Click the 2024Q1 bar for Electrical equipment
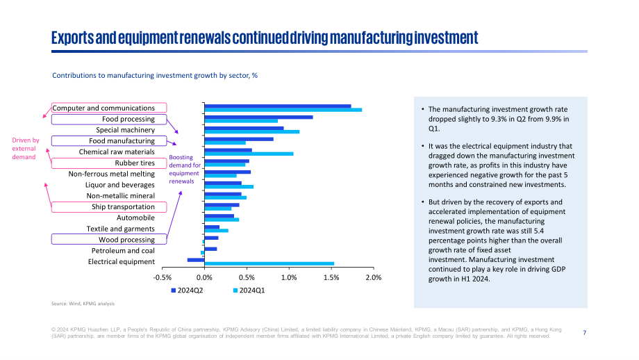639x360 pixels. click(269, 264)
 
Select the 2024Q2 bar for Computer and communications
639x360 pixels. click(278, 106)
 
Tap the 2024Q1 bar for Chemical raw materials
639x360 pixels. click(249, 154)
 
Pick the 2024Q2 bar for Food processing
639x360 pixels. click(259, 117)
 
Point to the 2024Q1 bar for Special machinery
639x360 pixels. click(252, 131)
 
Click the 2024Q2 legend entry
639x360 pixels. click(187, 291)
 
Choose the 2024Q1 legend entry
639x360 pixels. click(249, 291)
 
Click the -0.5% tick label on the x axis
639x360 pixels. click(163, 277)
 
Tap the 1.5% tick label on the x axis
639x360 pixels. click(331, 277)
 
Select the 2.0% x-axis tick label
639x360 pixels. click(374, 277)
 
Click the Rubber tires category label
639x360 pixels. click(135, 163)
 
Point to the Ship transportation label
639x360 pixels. click(123, 206)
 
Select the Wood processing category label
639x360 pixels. click(126, 240)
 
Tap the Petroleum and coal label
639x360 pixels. click(123, 251)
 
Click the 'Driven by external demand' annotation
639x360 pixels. click(25, 149)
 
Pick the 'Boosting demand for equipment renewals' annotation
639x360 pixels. click(185, 169)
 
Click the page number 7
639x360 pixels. click(584, 333)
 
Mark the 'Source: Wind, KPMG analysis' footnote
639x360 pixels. click(83, 304)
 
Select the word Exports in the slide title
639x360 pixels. click(72, 38)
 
